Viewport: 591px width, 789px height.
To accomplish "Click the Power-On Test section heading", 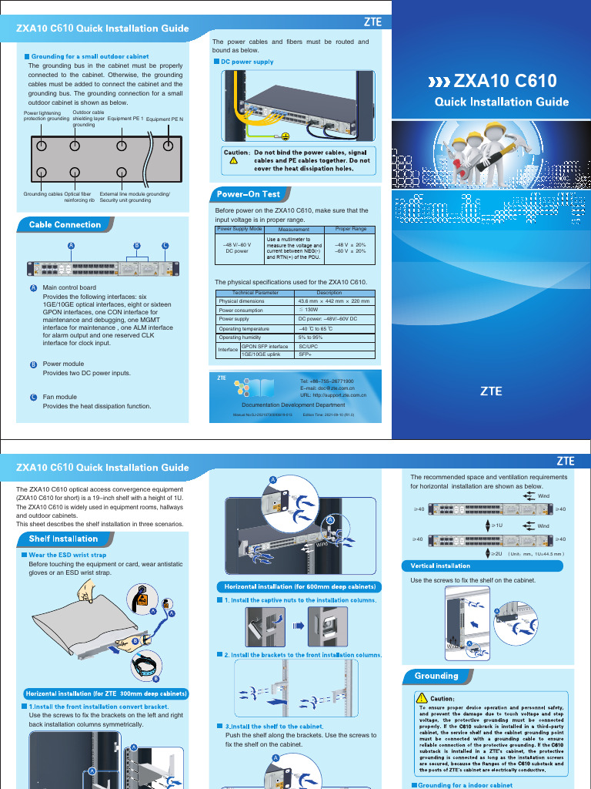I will coord(248,194).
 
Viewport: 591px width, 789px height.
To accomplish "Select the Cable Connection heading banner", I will coord(65,225).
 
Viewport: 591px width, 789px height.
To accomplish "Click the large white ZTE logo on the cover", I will coord(491,391).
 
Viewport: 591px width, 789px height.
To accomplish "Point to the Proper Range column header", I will coord(350,230).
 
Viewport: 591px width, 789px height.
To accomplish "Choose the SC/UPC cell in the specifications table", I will coord(308,347).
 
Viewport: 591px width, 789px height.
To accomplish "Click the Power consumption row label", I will coord(240,310).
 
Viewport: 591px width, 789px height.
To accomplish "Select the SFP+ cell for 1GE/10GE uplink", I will coord(305,355).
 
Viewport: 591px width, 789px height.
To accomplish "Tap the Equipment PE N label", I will coord(165,120).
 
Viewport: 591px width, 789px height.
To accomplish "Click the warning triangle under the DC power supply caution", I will coord(233,160).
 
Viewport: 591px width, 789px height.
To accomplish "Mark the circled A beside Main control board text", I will coord(33,287).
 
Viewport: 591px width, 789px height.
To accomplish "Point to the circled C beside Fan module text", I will coord(33,398).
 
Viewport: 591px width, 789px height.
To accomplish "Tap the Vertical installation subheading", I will coord(440,566).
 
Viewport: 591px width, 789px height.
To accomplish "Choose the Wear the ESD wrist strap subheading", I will coord(68,555).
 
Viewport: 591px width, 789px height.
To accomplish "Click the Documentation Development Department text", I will coord(293,405).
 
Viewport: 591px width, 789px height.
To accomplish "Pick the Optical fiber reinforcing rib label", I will coord(78,197).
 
